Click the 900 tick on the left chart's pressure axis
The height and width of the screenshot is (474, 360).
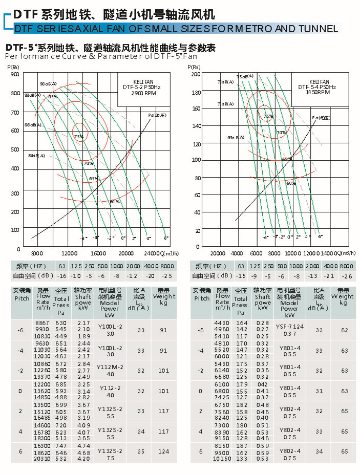click(15, 75)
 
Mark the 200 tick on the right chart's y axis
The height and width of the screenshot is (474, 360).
click(196, 75)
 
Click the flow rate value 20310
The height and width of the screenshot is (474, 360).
click(42, 459)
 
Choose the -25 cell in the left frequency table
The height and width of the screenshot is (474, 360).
click(167, 276)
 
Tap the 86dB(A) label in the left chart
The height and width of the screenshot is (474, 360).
click(33, 125)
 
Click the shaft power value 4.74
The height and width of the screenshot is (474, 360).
click(83, 446)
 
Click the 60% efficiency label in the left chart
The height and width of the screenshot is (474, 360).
click(114, 201)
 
